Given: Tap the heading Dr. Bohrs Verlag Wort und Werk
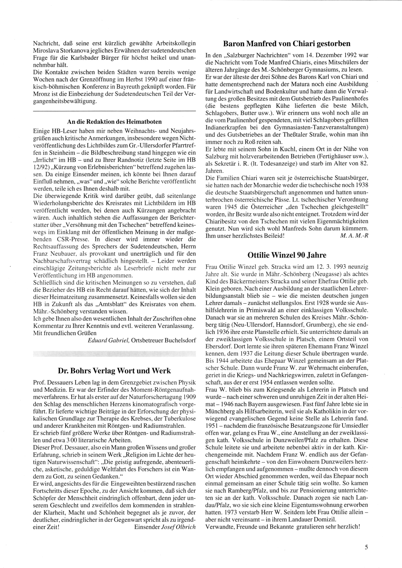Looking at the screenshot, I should (x=114, y=370).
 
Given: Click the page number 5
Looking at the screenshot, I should (x=367, y=547).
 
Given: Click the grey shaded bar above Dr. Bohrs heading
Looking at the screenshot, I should (x=114, y=354).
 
